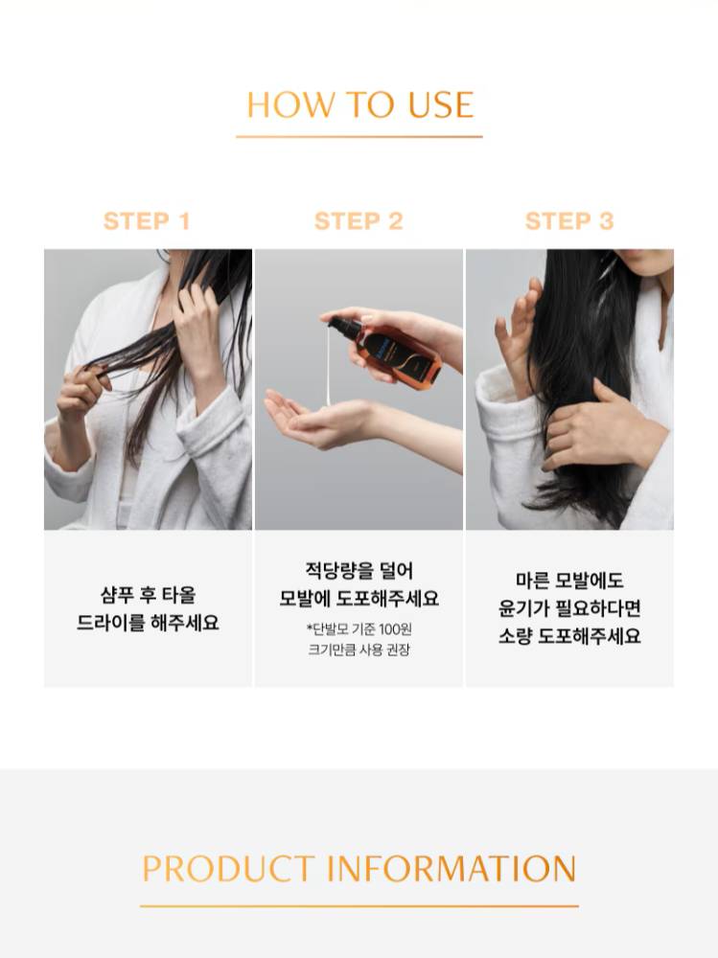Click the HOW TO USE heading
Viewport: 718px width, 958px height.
tap(359, 104)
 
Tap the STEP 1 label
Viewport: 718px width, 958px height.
tap(147, 221)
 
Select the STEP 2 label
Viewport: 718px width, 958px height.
tap(359, 221)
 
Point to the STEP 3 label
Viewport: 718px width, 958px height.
tap(569, 221)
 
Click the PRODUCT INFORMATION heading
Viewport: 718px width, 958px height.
tap(359, 868)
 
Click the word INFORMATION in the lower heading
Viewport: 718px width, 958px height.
tap(452, 868)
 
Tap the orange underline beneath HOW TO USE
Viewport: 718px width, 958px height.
tap(359, 136)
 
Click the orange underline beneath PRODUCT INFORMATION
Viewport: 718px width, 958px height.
tap(359, 906)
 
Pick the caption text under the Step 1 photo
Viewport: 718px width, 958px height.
tap(148, 608)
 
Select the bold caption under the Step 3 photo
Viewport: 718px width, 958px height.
tap(569, 608)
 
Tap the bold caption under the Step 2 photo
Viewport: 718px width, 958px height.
tap(359, 584)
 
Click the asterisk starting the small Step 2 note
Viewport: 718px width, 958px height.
tap(310, 627)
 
